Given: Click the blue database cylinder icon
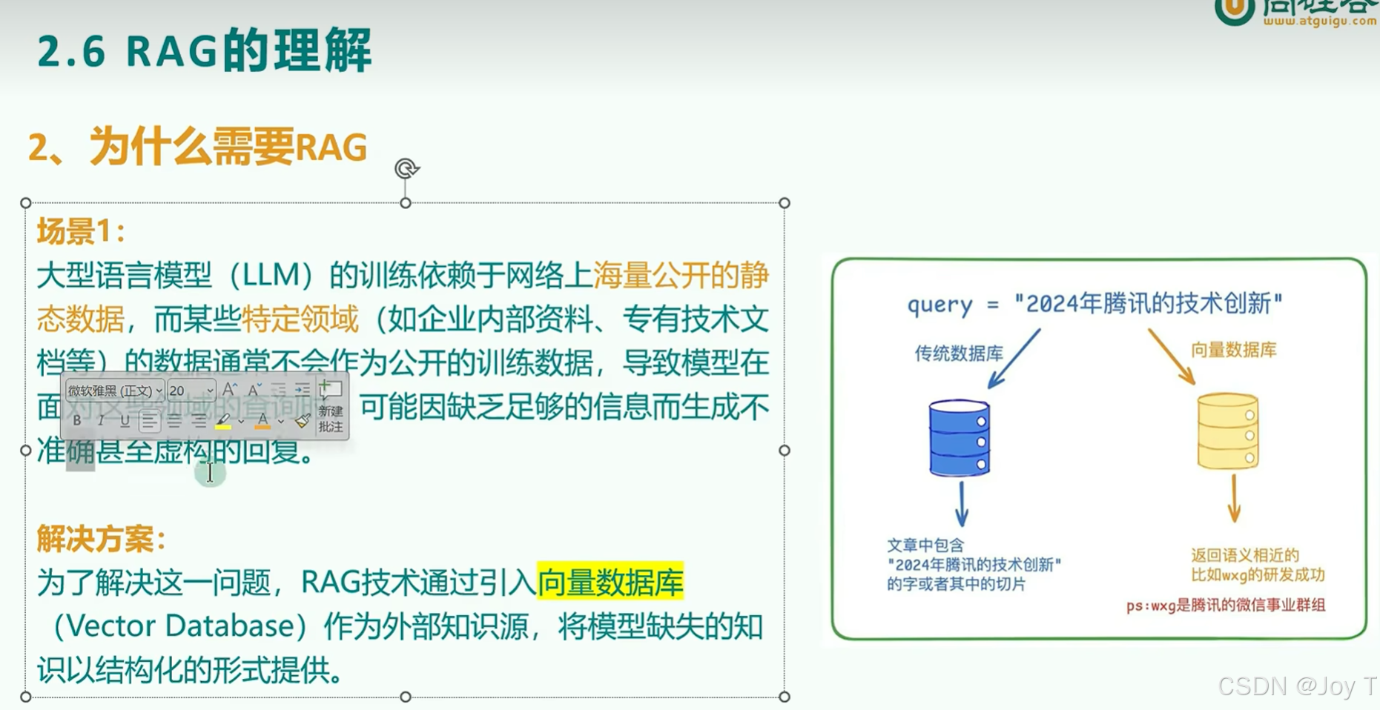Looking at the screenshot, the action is pyautogui.click(x=959, y=437).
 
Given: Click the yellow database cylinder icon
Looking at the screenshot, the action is pyautogui.click(x=1228, y=431).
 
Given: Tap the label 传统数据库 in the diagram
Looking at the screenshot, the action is pyautogui.click(x=958, y=354).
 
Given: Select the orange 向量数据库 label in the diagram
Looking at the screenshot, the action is pyautogui.click(x=1233, y=350).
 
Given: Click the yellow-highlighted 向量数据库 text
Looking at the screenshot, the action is pyautogui.click(x=610, y=583).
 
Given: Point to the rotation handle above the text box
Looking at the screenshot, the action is pyautogui.click(x=406, y=169).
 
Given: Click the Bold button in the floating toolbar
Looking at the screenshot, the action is pyautogui.click(x=77, y=421).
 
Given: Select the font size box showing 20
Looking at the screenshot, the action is pyautogui.click(x=191, y=391).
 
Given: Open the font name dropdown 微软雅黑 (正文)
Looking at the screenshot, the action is pyautogui.click(x=114, y=391).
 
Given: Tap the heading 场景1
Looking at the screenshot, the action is pyautogui.click(x=80, y=232).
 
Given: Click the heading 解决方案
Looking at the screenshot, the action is pyautogui.click(x=100, y=539).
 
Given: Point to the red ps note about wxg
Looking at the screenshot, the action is pyautogui.click(x=1225, y=606).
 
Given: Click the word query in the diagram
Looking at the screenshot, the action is pyautogui.click(x=940, y=305).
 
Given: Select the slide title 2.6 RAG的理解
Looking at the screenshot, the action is pyautogui.click(x=204, y=51).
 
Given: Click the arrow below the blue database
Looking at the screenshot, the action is pyautogui.click(x=962, y=504).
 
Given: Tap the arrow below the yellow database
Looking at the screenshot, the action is pyautogui.click(x=1233, y=499).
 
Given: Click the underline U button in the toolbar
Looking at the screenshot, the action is pyautogui.click(x=125, y=421).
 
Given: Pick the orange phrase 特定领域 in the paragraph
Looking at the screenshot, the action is pyautogui.click(x=300, y=319).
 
